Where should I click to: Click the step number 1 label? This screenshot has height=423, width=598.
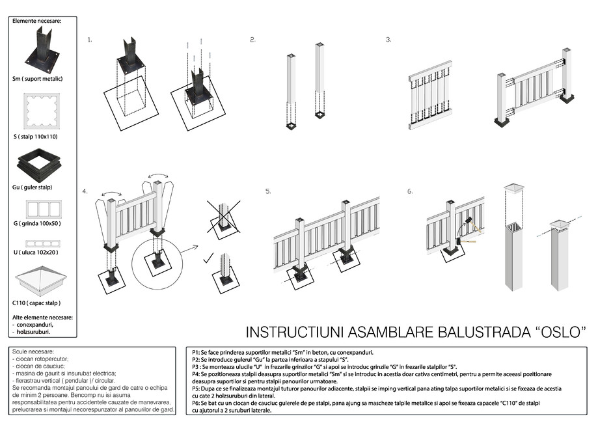[x=90, y=40]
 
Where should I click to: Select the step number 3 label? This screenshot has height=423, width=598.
[x=388, y=40]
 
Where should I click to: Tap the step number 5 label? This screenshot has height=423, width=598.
[x=268, y=191]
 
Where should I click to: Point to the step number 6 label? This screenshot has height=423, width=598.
[x=410, y=191]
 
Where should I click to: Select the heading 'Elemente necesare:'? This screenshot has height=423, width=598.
[x=36, y=21]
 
